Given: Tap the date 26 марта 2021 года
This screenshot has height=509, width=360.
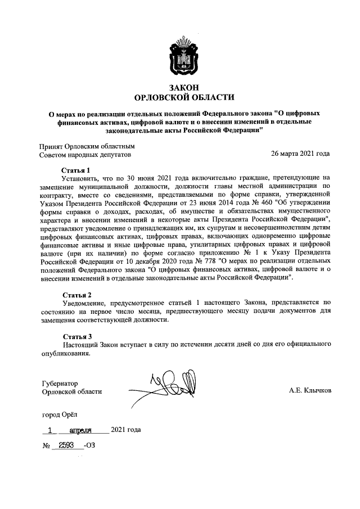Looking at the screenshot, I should click(x=300, y=153).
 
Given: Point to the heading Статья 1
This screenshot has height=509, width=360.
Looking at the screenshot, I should click(x=76, y=169).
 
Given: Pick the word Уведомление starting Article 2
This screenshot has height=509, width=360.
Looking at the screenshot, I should click(x=84, y=303).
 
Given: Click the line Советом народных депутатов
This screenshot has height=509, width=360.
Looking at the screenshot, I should click(x=84, y=154).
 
